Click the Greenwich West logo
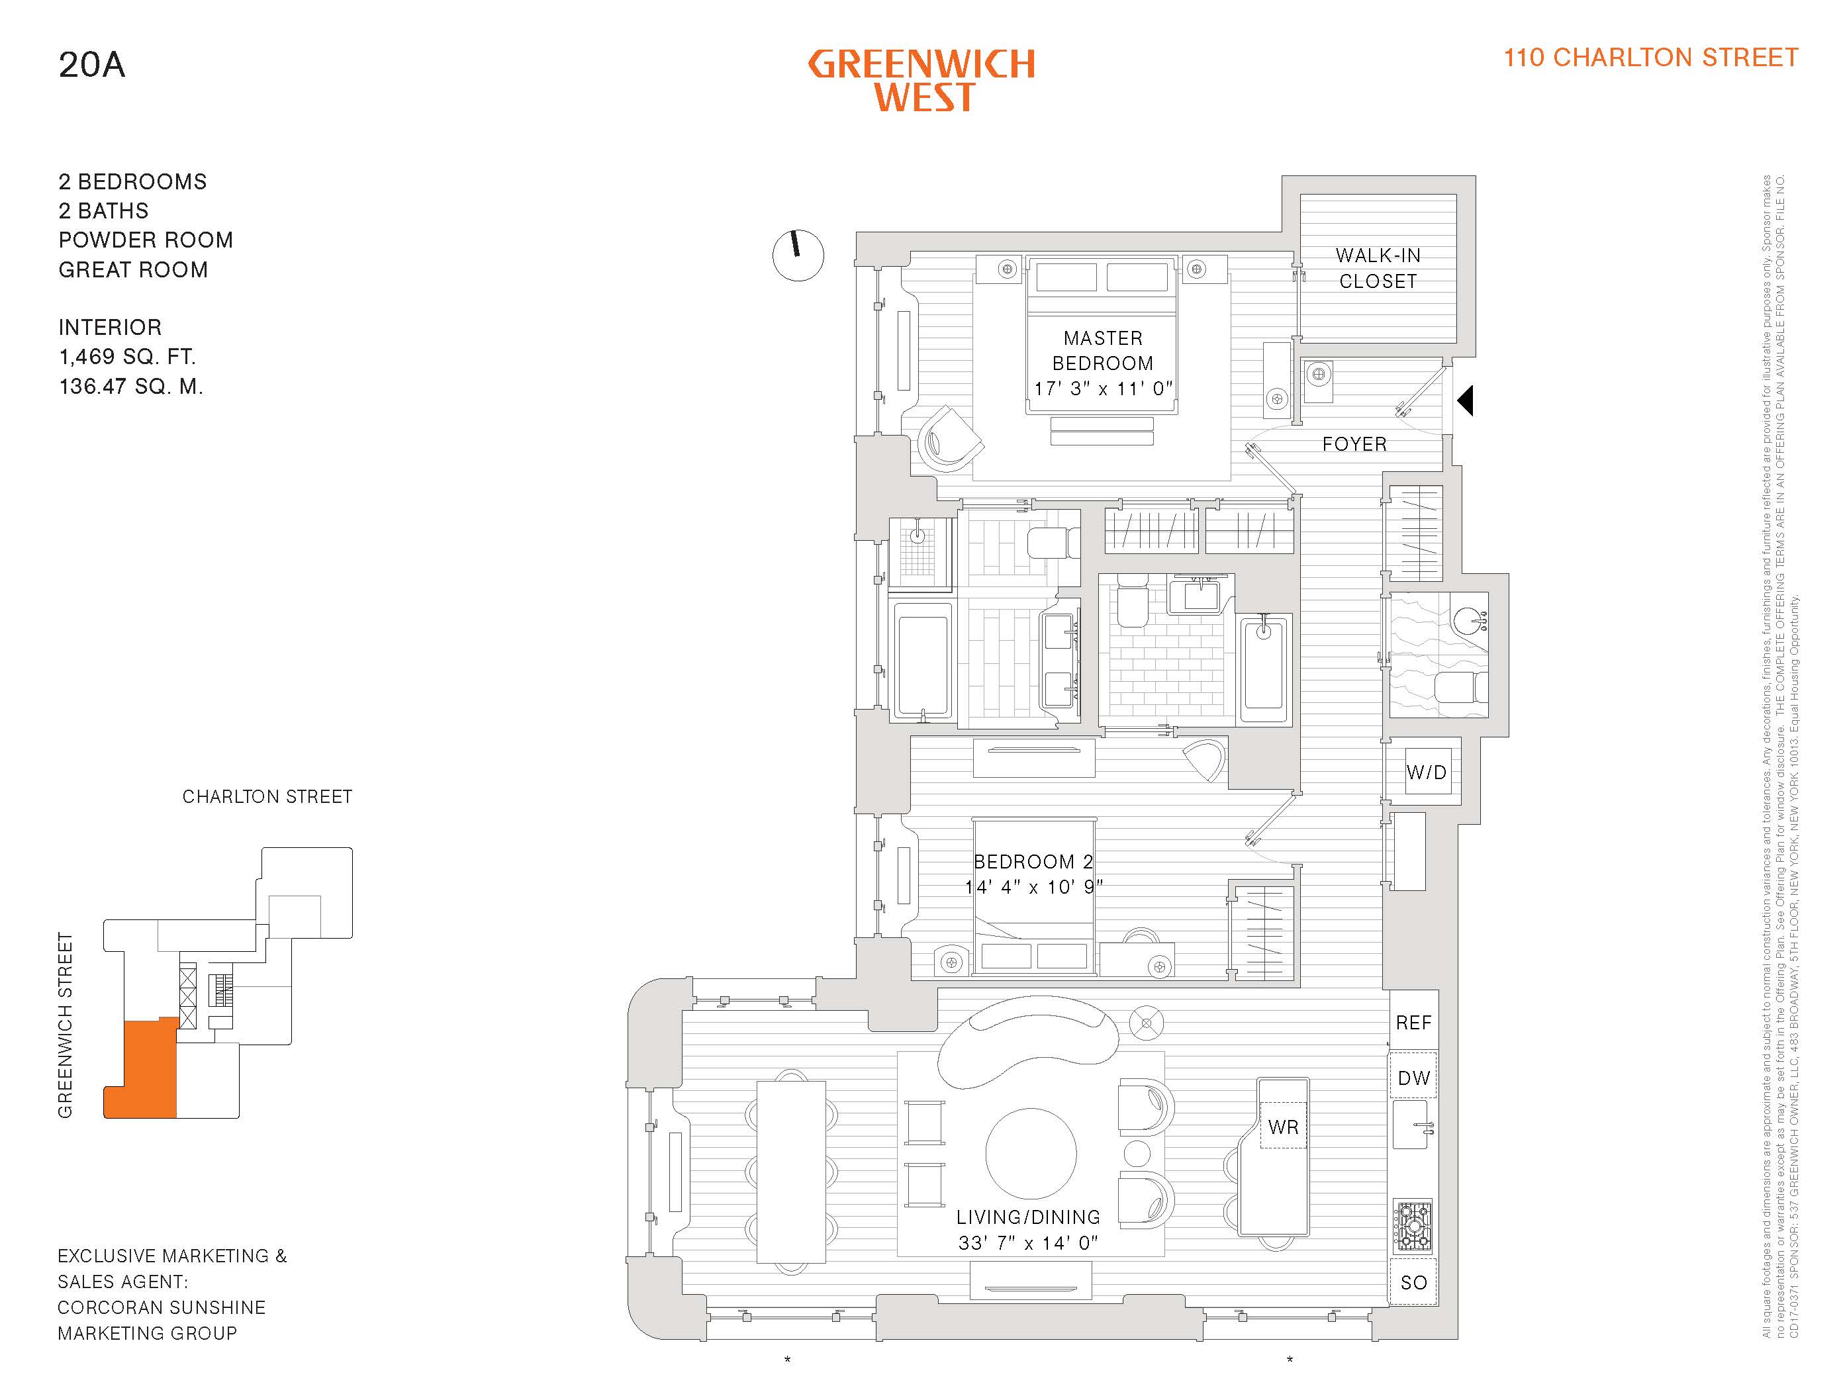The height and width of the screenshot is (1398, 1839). [921, 81]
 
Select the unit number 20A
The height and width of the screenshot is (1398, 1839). [91, 65]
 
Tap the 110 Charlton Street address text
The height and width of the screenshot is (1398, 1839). [1650, 58]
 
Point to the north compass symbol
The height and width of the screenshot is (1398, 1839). [798, 256]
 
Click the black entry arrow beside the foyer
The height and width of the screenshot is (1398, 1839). [1466, 400]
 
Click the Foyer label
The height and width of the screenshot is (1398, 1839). [1354, 444]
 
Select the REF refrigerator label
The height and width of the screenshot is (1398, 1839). [1413, 1023]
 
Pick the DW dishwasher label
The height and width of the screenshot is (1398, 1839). [1413, 1078]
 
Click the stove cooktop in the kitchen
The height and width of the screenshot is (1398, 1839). [1413, 1226]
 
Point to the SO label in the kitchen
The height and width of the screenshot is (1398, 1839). [1413, 1283]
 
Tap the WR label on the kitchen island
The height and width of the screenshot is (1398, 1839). [1283, 1127]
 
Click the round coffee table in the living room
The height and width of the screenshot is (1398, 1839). [1030, 1153]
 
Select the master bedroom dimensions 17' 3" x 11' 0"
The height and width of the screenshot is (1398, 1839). [1103, 389]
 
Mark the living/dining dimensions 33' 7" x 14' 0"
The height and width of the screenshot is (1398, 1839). [1027, 1243]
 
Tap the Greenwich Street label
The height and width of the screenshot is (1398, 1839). [65, 1025]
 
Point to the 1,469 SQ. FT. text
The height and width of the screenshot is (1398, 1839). [127, 357]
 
